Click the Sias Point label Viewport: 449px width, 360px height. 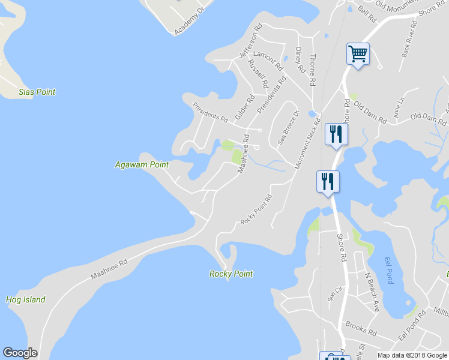coord(37,92)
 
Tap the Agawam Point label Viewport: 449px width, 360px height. coord(142,164)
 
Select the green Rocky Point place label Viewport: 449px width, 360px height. coord(231,274)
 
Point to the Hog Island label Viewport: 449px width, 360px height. coord(25,300)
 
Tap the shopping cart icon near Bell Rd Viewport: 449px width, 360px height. coord(358,55)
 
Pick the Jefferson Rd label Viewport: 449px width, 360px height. coord(251,41)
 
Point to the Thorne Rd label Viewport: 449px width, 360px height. coord(313,70)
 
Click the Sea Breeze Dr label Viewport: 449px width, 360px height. coord(288,128)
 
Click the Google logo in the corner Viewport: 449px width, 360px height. coord(20,352)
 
